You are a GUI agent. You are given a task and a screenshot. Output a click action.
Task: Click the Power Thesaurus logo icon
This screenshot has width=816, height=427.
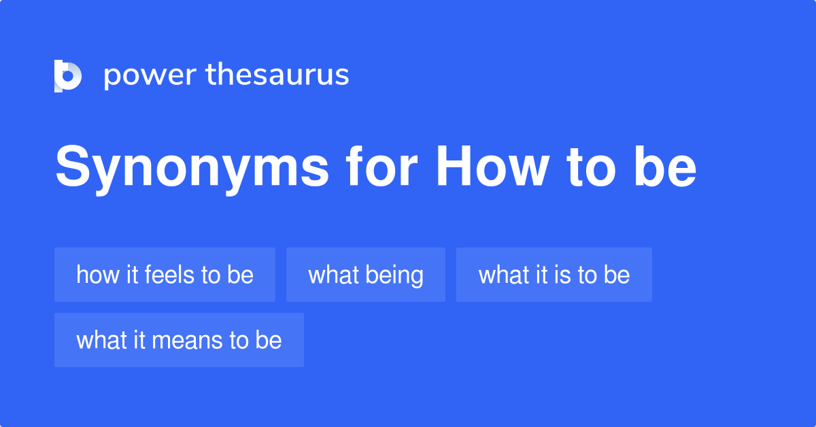tap(68, 75)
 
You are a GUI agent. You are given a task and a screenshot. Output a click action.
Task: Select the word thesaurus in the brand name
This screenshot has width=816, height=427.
tap(277, 75)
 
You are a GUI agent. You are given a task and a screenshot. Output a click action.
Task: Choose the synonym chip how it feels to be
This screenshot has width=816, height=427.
tap(165, 275)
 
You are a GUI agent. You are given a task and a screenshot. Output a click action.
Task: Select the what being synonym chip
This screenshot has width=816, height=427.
tap(365, 275)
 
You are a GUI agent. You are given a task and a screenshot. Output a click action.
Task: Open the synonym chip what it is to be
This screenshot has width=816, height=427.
tap(554, 275)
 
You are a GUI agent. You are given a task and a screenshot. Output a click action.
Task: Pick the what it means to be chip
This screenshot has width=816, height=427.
tap(179, 340)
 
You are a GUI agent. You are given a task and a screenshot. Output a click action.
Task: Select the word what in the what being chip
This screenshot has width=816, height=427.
tap(333, 275)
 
